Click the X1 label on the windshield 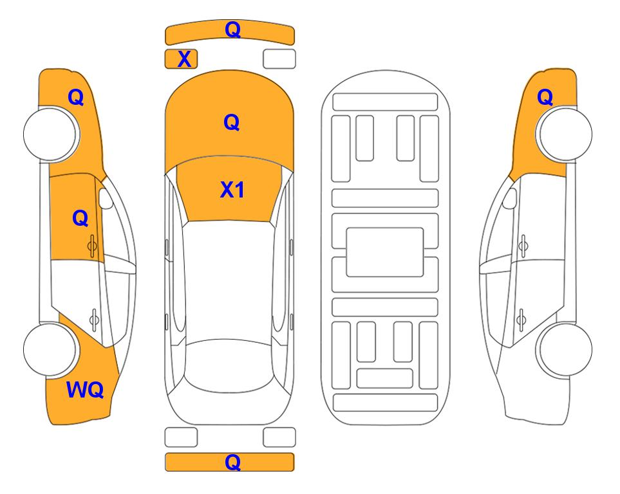[x=232, y=190]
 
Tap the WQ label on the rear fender [x=85, y=390]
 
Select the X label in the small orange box [x=184, y=59]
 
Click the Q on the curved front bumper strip [x=232, y=30]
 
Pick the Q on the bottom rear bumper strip [x=232, y=462]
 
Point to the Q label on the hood [x=232, y=122]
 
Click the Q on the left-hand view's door [x=80, y=218]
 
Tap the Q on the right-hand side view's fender [x=545, y=97]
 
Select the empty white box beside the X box [x=279, y=59]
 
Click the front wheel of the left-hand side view [x=50, y=134]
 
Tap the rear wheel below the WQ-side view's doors [x=50, y=349]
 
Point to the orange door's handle [x=92, y=246]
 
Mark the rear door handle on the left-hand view [x=94, y=319]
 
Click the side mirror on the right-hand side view [x=510, y=198]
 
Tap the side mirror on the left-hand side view [x=106, y=198]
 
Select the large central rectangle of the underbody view [x=385, y=252]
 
